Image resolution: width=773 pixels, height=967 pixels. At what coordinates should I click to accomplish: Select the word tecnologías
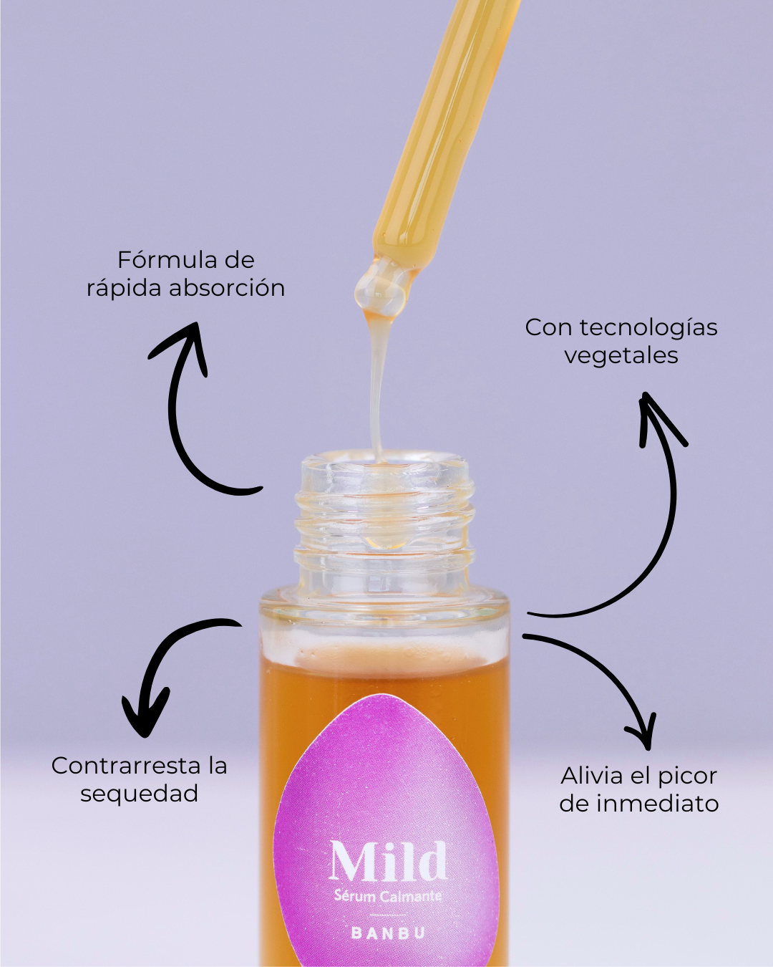click(x=648, y=328)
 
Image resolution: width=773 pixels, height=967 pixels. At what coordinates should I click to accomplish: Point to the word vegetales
click(x=621, y=355)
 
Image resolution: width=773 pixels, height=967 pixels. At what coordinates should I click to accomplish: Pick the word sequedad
click(x=139, y=794)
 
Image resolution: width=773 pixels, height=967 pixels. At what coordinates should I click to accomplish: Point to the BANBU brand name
click(x=388, y=933)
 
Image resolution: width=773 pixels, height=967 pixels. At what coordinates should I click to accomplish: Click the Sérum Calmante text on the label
click(x=388, y=896)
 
